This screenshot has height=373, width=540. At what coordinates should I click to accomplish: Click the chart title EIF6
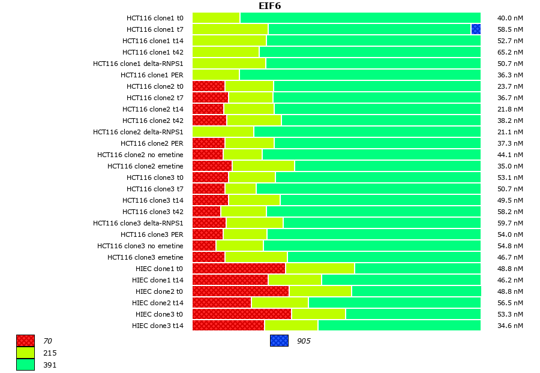(269, 6)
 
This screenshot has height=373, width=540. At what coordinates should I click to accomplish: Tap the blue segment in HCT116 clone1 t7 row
(476, 29)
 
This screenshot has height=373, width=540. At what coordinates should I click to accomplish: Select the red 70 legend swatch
(25, 341)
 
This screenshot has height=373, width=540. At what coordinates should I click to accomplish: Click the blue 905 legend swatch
(279, 341)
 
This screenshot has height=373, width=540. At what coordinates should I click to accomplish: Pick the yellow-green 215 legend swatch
(25, 353)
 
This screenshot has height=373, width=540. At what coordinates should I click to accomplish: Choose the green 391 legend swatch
(25, 364)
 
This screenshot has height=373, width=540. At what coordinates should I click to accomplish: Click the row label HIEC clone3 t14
(157, 326)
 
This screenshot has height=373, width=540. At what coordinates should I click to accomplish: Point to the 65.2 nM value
(510, 52)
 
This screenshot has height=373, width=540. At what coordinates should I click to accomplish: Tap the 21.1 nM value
(510, 132)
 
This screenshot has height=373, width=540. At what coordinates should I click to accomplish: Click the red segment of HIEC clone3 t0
(241, 314)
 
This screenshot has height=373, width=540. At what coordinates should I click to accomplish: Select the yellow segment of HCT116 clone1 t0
(216, 18)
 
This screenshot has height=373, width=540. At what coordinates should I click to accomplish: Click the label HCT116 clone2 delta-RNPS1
(138, 132)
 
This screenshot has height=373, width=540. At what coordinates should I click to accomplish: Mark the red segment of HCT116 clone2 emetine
(212, 166)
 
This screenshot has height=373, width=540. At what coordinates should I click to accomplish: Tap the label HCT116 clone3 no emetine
(140, 246)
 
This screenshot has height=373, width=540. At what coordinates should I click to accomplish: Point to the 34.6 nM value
(510, 326)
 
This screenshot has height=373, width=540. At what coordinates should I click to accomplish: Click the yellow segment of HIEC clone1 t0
(320, 269)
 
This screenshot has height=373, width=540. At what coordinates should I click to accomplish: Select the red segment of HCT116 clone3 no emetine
(204, 246)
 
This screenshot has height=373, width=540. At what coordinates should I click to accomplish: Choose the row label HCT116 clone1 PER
(152, 75)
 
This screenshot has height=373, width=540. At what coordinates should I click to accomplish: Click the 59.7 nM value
(510, 223)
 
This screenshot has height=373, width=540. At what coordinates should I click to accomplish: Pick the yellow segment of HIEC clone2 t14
(280, 303)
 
